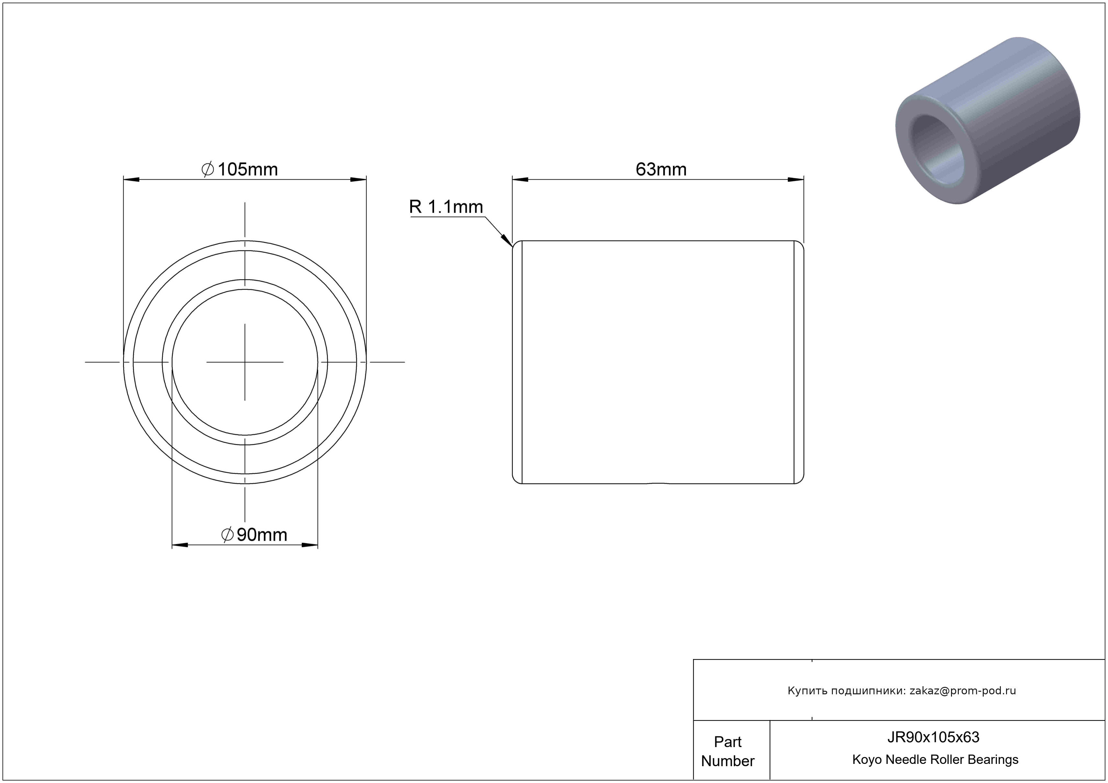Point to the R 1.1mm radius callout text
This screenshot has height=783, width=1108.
click(x=446, y=207)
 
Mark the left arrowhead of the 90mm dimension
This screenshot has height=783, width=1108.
click(x=180, y=545)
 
